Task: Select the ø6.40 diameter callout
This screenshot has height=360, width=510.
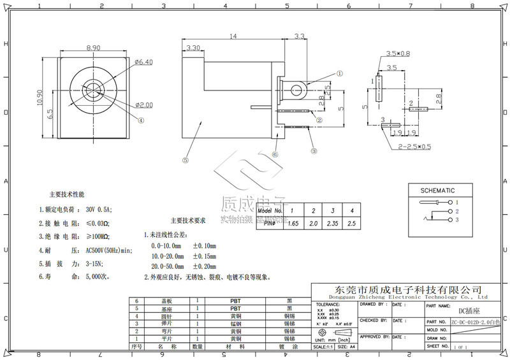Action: pos(144,62)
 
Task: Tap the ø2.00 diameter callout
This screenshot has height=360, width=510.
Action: pos(143,104)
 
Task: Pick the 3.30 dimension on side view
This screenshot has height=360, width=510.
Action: pos(193,48)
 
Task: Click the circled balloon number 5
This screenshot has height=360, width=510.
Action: pos(186,161)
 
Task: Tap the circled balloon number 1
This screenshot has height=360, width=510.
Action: pos(340,73)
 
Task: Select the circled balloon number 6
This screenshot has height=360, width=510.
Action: pos(275,154)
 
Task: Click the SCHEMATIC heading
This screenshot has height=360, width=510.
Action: pos(437,191)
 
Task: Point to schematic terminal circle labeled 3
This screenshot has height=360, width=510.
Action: pos(450,220)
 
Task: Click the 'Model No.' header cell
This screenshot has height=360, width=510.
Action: pos(273,210)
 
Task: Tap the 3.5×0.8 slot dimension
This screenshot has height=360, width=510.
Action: pos(398,54)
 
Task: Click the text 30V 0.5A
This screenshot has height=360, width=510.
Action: pos(99,209)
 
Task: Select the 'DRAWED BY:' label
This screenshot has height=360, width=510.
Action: pos(372,304)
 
